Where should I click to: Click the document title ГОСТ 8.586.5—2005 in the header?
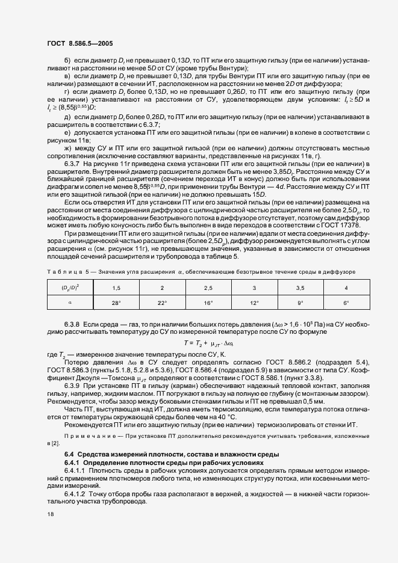tap(78, 44)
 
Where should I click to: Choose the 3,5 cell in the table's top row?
tap(300, 289)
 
